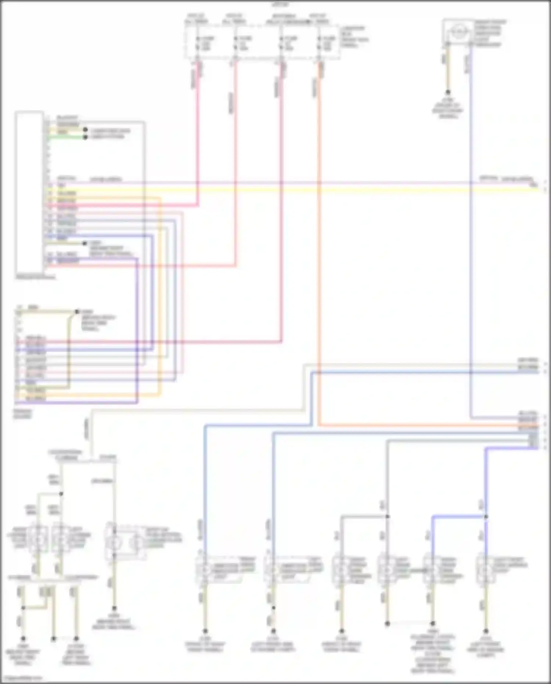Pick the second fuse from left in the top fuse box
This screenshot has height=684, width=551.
[x=235, y=43]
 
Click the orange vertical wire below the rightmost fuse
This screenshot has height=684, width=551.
[x=319, y=257]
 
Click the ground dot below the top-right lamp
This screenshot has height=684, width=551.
[x=447, y=92]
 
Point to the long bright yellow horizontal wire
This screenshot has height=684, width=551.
[x=294, y=190]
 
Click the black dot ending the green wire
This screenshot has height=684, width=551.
[x=85, y=137]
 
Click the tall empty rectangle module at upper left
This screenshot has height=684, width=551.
[x=29, y=193]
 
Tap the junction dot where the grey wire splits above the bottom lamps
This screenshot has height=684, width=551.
[x=387, y=516]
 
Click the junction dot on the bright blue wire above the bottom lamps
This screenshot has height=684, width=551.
[x=486, y=516]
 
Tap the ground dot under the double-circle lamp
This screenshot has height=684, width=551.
[x=114, y=608]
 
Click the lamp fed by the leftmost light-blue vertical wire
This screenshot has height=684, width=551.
[x=204, y=570]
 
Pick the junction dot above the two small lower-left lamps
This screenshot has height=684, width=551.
[x=61, y=494]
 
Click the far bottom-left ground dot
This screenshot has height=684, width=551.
[x=23, y=638]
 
